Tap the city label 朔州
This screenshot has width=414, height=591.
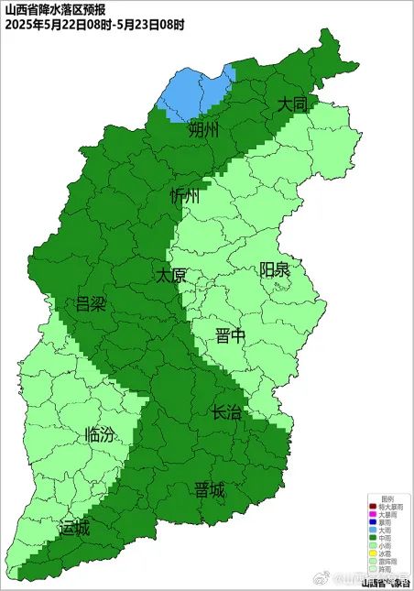tap(204, 129)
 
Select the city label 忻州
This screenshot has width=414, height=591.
tap(184, 196)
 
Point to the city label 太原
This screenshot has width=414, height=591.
tap(170, 275)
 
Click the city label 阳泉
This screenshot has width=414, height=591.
tap(275, 269)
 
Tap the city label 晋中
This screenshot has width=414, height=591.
tap(231, 336)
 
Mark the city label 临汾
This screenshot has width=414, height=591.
tap(100, 435)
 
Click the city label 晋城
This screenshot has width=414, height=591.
tap(209, 490)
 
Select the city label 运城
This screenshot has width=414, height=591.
tap(75, 529)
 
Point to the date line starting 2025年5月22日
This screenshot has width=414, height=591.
tap(93, 25)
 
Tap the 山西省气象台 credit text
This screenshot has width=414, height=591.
tap(386, 582)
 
